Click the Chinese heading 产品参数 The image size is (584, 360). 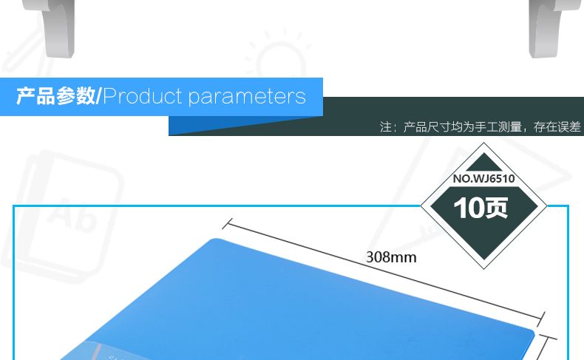coord(55,96)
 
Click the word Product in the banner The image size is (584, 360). coord(143,96)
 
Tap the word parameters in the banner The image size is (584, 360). coord(247,98)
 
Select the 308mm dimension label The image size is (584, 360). coord(391,257)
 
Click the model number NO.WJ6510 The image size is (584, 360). coord(483,179)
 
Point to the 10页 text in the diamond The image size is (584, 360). coord(481,208)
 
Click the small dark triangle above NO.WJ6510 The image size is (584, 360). coord(483,162)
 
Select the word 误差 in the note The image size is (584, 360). coord(568,127)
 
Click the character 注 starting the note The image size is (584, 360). coord(385,127)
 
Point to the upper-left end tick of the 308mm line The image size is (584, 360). coord(227,224)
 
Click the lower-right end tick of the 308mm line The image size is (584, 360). coord(541,319)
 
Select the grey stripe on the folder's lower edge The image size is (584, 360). coord(98,352)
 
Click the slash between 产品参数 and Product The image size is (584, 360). coord(99,96)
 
